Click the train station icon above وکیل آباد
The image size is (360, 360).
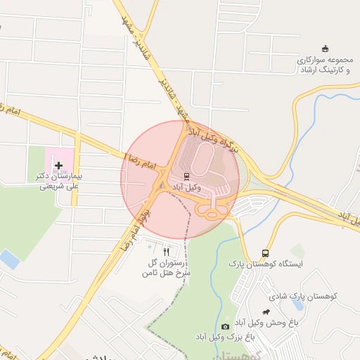click(187, 176)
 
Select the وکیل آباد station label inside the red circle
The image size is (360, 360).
click(187, 188)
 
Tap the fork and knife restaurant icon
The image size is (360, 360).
click(166, 251)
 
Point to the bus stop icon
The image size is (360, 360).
click(266, 252)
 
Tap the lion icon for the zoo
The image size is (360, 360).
click(266, 311)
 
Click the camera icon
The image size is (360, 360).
click(225, 326)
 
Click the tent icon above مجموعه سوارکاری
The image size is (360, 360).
click(324, 49)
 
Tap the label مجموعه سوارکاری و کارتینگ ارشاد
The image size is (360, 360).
click(324, 65)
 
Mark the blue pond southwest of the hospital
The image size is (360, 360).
click(10, 259)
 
